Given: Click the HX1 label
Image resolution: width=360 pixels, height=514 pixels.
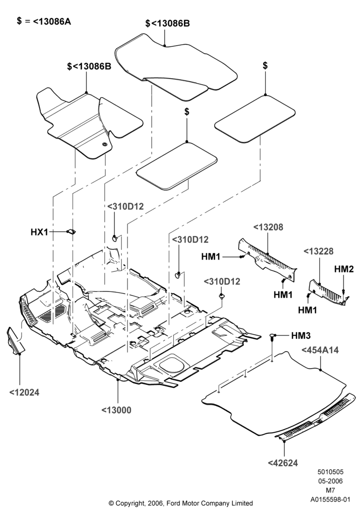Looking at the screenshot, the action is pos(39,232).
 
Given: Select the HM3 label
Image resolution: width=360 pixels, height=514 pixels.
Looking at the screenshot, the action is pos(301,335).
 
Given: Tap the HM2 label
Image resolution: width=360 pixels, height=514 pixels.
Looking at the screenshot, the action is pos(344,269).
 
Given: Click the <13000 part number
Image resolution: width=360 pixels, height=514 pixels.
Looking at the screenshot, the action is pos(116,410).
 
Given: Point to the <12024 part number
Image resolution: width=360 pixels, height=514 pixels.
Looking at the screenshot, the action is pos(24,392).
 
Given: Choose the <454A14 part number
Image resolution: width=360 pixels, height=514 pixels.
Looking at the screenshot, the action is pos(320,350).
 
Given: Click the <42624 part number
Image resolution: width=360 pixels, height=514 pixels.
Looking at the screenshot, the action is pos(283,463).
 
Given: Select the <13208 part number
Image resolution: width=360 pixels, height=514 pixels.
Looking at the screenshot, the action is pos(268,227).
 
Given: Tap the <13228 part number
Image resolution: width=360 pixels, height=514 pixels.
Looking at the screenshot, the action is pos(318,251).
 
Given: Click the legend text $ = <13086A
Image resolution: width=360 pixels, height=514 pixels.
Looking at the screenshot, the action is pos(44,21).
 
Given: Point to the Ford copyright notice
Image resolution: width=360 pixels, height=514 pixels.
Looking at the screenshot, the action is pos(181,503).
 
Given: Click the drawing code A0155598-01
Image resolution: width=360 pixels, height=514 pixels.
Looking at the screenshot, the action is pos(331,500).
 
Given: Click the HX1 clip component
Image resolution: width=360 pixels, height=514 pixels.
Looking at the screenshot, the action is pos(71,231).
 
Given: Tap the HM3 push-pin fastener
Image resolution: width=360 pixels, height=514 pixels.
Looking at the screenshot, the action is pos(272,337).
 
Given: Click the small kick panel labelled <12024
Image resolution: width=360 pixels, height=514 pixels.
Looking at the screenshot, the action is pos(15,341).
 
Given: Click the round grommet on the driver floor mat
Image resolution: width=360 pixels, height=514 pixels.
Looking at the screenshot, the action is pos(104,144).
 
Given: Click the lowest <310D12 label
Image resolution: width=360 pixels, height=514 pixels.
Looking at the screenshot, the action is pos(222,282).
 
